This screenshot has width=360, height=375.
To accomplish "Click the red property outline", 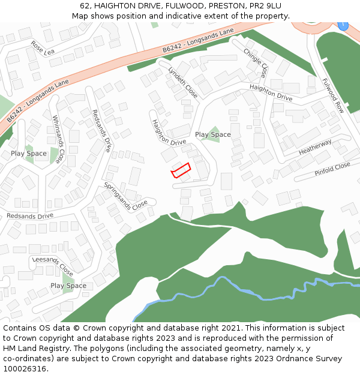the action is point(181,170).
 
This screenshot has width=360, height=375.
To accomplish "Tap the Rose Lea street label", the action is point(42,47).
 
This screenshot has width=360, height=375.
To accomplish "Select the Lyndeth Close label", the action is point(182,82).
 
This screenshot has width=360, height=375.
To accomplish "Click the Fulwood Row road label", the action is point(332,95).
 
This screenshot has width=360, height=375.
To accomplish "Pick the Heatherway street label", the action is point(315,148).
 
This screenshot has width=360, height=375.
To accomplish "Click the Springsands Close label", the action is point(125,195).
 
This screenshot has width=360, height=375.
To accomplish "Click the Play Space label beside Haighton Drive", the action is point(212,134).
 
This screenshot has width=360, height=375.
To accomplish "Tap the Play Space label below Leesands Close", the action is point(68,286).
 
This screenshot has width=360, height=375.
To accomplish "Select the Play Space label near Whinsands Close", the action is point(28,154).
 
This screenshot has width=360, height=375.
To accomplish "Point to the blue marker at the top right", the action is point(343,25).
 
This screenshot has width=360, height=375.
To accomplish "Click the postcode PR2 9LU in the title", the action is point(265,6).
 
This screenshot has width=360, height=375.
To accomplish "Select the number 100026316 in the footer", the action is point(25,368).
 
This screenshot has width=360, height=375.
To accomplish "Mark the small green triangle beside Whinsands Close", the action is point(55,155).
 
